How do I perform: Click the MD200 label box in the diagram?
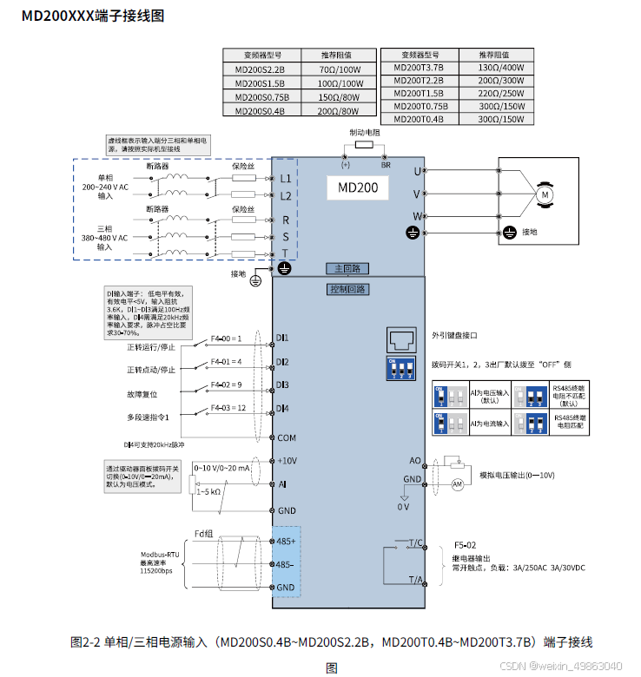pos(358,187)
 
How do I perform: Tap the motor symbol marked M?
pos(545,194)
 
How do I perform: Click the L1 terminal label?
pos(286,179)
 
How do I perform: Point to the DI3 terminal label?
pos(282,385)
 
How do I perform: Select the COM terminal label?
pos(287,438)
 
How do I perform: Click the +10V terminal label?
pos(287,460)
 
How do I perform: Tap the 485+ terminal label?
pos(286,541)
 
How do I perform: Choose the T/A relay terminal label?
pos(415,580)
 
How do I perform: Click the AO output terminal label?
pos(414,462)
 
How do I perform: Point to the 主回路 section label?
pos(347,268)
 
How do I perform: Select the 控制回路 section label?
pos(347,289)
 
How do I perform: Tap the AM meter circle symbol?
pos(458,483)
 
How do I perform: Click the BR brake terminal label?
pos(386,164)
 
